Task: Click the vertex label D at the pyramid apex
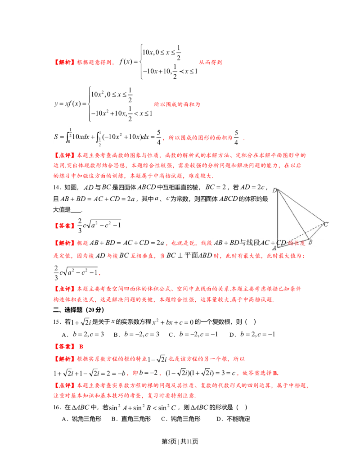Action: [x=274, y=190]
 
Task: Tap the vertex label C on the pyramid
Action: [x=326, y=224]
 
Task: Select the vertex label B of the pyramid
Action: [x=310, y=242]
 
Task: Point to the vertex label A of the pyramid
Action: [x=274, y=248]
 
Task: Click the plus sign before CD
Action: [x=273, y=243]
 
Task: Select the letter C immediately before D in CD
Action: [x=279, y=243]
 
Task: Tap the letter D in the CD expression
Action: [x=284, y=243]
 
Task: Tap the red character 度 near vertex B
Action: [x=302, y=243]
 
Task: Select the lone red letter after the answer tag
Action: [x=81, y=346]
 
